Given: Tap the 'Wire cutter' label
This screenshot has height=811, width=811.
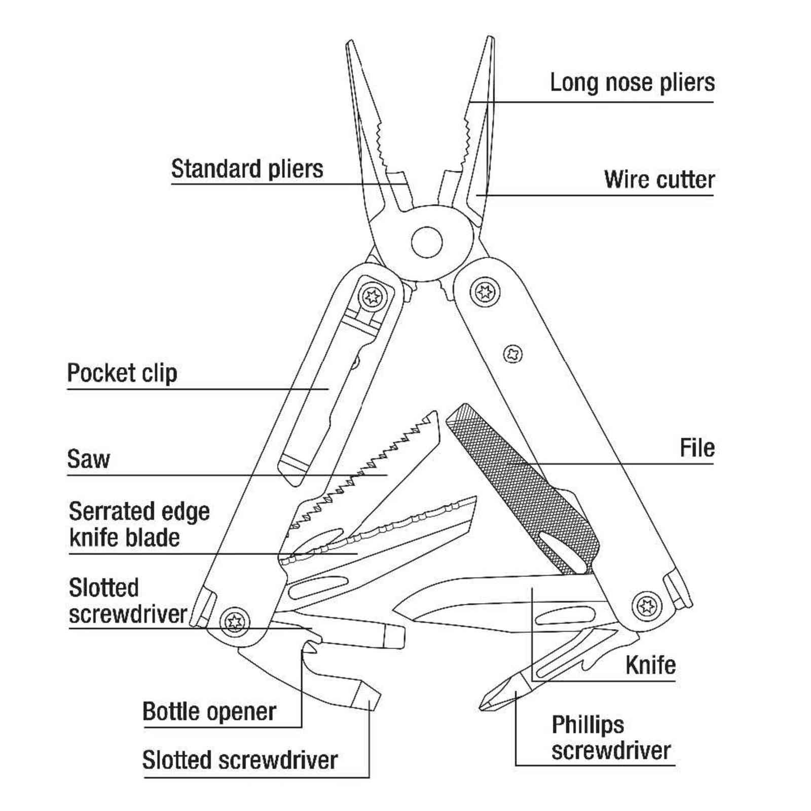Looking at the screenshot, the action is click(659, 179).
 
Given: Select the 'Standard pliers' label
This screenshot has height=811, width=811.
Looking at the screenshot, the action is click(247, 169).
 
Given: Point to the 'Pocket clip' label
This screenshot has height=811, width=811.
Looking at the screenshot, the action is click(122, 374).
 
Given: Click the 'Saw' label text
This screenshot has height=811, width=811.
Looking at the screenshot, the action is click(88, 459).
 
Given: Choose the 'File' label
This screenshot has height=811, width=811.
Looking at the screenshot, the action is click(697, 448).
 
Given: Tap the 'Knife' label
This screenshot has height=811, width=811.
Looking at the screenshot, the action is click(650, 665).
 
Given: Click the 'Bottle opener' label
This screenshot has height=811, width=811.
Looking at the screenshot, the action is click(209, 712).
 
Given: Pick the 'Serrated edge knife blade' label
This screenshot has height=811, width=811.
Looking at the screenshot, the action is click(139, 524).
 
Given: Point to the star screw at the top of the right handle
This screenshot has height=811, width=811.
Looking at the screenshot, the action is click(485, 291).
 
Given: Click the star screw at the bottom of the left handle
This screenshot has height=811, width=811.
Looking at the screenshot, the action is click(235, 620).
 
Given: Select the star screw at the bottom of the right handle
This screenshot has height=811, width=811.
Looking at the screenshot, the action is click(647, 606).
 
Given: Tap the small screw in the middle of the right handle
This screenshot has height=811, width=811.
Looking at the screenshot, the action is click(513, 353).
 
